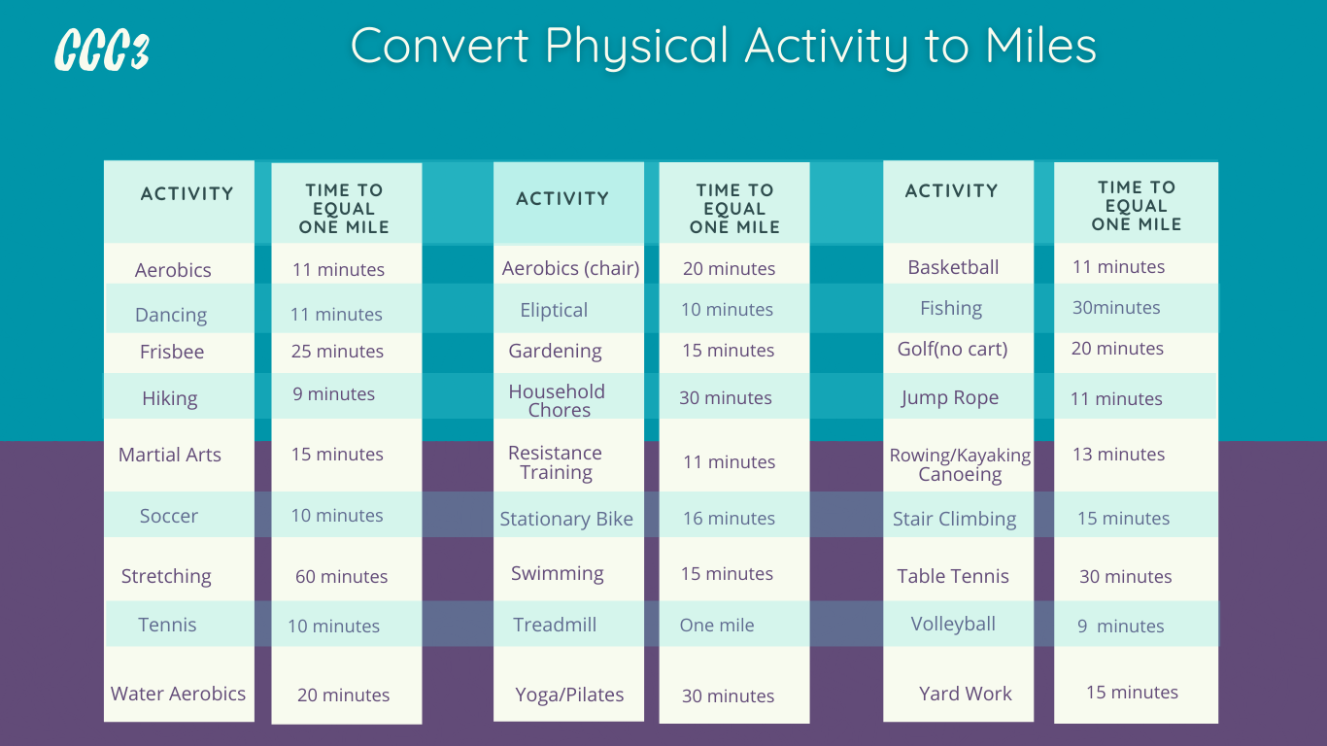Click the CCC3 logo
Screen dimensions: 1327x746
(102, 50)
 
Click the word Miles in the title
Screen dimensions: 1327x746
(1040, 46)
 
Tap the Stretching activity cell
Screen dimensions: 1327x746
(166, 577)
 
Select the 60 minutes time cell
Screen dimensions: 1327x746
(342, 577)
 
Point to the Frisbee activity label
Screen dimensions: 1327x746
(172, 352)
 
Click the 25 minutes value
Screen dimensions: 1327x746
(338, 352)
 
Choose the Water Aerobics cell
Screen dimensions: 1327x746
(179, 694)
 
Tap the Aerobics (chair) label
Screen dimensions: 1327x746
(570, 268)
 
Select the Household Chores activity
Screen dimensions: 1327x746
(558, 400)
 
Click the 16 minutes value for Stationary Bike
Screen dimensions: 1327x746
(730, 519)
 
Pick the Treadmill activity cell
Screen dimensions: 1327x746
(555, 625)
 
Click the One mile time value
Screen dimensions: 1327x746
(717, 626)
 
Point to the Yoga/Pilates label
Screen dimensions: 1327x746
(569, 695)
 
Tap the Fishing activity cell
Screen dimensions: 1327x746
(951, 308)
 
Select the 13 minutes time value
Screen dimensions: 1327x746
(1119, 455)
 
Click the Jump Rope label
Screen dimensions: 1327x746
(950, 398)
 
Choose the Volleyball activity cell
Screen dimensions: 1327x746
(953, 624)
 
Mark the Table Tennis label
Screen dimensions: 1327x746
(953, 577)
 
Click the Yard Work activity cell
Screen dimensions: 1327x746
(966, 694)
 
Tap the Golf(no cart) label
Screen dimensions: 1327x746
(953, 349)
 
